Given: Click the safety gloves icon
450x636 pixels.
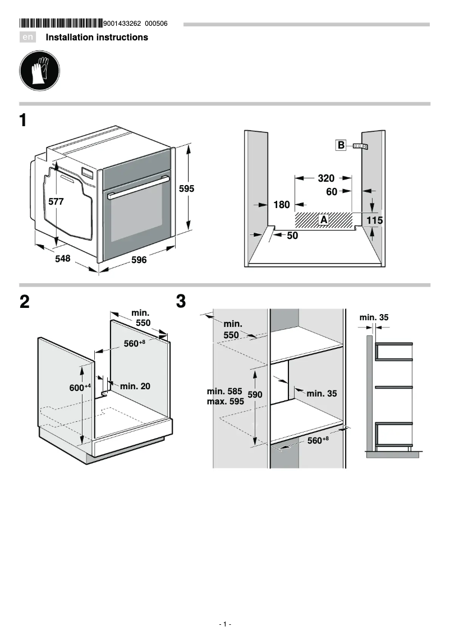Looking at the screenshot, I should [39, 71].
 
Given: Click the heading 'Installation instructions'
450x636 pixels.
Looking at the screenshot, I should [97, 38].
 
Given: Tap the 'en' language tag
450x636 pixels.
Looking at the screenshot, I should [28, 38].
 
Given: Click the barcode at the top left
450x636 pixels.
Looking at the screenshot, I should [61, 24].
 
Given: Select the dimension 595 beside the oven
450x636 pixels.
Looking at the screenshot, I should [186, 189].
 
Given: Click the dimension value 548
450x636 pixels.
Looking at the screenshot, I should [62, 259].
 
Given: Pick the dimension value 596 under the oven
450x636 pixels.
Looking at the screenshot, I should [139, 260].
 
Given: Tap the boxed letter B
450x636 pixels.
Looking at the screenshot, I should [341, 146].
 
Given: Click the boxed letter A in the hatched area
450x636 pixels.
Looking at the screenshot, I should [324, 220].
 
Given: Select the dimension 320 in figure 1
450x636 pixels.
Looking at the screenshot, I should [325, 178].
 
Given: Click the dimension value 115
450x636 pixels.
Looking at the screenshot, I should [375, 221].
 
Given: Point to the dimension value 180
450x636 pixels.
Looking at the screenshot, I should [282, 205].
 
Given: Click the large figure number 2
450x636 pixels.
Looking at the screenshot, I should [24, 302].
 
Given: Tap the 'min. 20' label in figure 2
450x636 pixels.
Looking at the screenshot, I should [135, 386].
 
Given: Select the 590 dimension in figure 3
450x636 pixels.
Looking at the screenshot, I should [255, 395].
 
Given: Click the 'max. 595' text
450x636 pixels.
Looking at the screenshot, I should [226, 402].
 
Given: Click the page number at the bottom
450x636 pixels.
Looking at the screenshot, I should [225, 624].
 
